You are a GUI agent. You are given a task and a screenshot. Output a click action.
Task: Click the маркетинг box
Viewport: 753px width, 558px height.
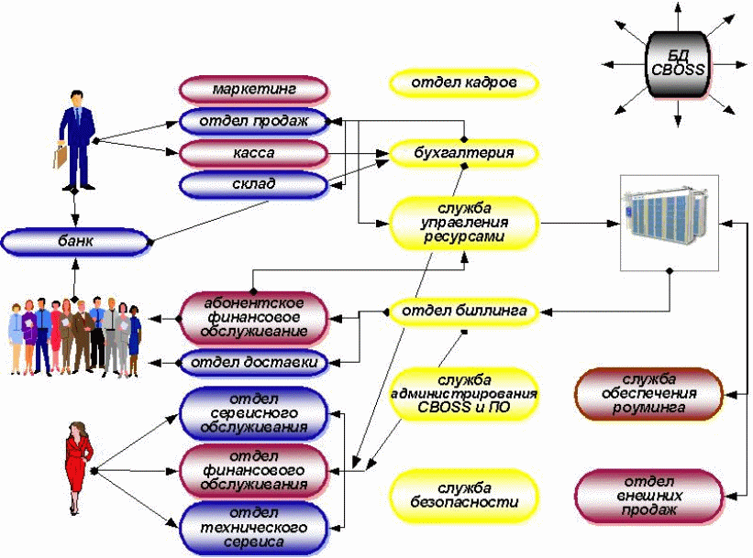pyautogui.click(x=253, y=90)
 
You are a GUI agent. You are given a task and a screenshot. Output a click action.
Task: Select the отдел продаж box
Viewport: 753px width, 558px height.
pyautogui.click(x=253, y=120)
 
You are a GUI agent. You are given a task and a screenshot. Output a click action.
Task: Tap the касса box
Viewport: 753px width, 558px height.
pyautogui.click(x=253, y=152)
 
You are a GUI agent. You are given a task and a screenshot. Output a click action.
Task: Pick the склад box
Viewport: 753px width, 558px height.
pyautogui.click(x=253, y=184)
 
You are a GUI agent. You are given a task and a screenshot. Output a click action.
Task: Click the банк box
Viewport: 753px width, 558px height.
pyautogui.click(x=75, y=243)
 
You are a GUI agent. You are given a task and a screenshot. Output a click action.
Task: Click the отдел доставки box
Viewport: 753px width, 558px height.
pyautogui.click(x=253, y=363)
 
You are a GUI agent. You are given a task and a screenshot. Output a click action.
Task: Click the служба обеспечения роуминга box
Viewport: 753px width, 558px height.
pyautogui.click(x=648, y=393)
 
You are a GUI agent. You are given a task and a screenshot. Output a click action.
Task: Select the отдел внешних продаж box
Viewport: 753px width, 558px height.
pyautogui.click(x=648, y=495)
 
